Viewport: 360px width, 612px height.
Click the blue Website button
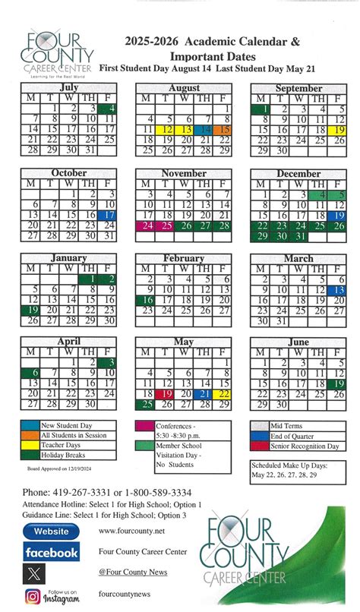tap(51, 531)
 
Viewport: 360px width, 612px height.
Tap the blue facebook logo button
tap(51, 552)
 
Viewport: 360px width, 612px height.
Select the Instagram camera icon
tap(33, 596)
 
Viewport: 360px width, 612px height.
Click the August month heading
tap(184, 88)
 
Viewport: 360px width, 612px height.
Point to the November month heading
tap(184, 173)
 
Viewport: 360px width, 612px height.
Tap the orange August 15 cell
tap(224, 130)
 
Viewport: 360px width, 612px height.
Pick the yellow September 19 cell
tap(339, 130)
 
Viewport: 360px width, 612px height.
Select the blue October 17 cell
tap(109, 215)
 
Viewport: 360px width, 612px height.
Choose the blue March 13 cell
tap(339, 289)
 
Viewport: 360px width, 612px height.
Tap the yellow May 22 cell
tap(224, 394)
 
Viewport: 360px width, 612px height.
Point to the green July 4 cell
tap(109, 109)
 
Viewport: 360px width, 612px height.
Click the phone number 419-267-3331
tap(81, 493)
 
